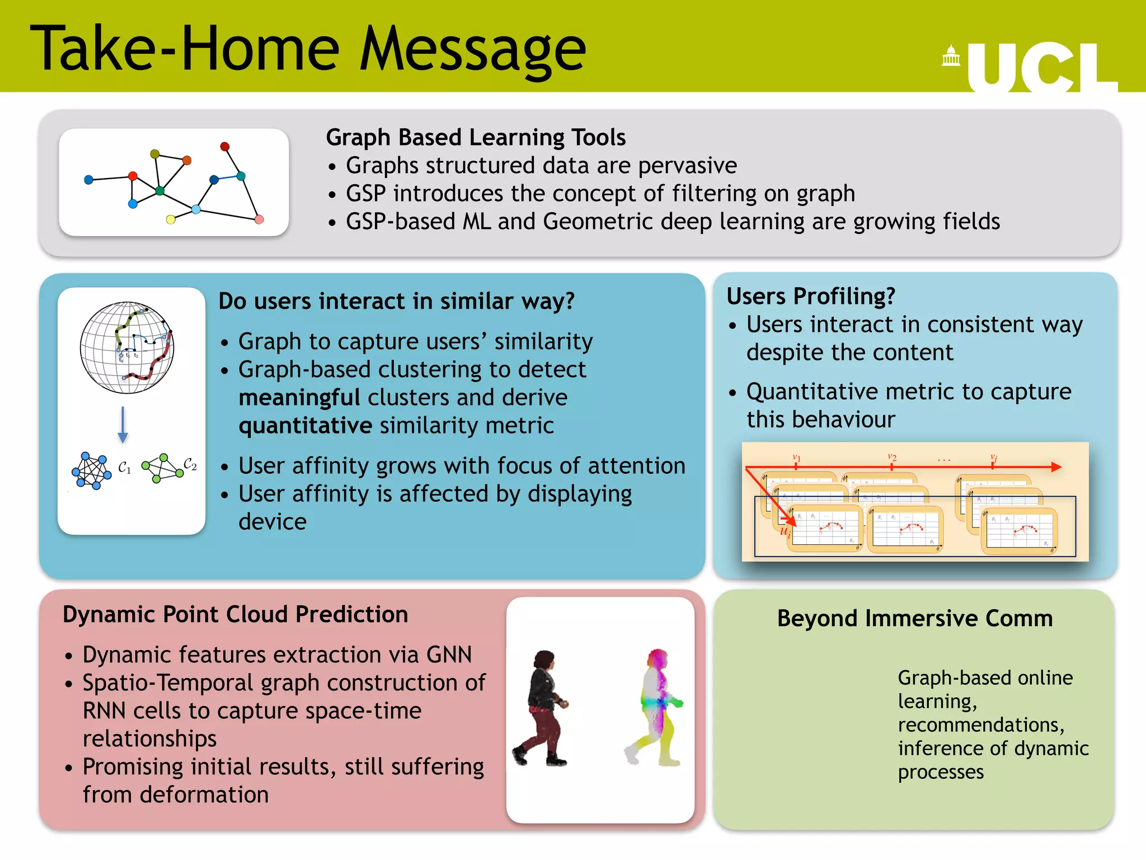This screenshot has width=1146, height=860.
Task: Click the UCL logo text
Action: [x=1042, y=67]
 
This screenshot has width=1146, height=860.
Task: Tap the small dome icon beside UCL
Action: [x=951, y=56]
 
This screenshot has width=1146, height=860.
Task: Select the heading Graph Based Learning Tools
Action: [x=476, y=138]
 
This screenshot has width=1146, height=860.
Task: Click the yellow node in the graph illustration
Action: [x=171, y=219]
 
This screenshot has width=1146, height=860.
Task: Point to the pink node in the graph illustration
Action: [x=259, y=219]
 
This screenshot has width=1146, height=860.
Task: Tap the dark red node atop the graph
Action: [x=225, y=147]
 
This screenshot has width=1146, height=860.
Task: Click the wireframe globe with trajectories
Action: [x=127, y=348]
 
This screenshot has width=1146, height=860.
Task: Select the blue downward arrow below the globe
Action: [x=123, y=426]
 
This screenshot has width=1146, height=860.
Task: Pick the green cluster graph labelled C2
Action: [x=162, y=468]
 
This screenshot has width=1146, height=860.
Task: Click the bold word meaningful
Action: [x=299, y=398]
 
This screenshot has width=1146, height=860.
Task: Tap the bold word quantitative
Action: [x=305, y=426]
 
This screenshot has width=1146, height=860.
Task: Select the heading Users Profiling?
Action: [x=811, y=296]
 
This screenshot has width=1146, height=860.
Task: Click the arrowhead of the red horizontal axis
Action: [x=1056, y=467]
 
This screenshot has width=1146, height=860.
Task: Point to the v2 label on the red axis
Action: [x=892, y=457]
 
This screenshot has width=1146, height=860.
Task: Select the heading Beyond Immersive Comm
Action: [x=915, y=619]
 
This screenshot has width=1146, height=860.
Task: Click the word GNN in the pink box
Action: [x=449, y=655]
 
